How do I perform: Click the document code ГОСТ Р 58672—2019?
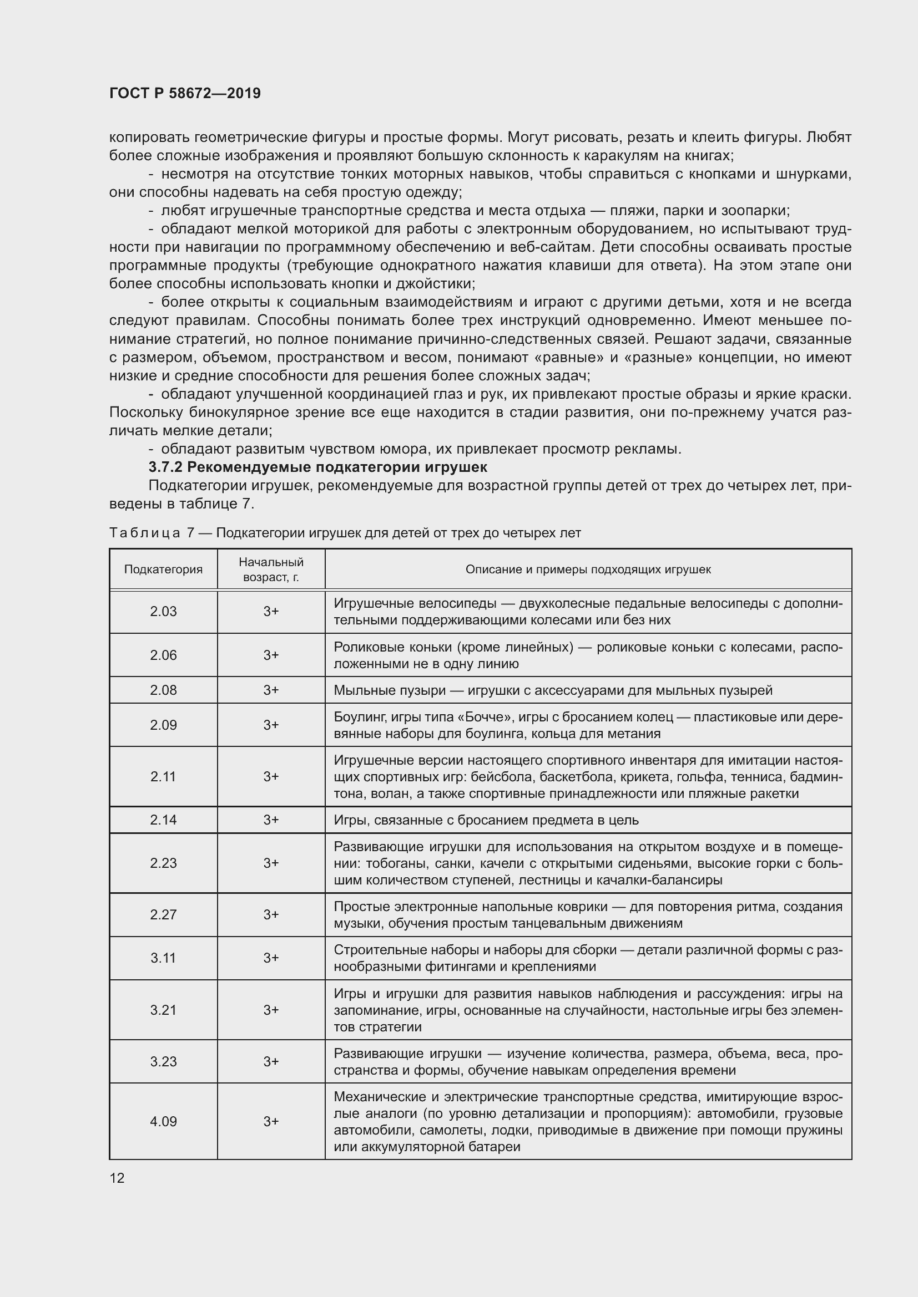coord(185,93)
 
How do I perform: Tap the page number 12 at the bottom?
coord(117,1178)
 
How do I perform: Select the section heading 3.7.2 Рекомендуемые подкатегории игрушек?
coord(317,467)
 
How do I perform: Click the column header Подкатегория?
coord(163,569)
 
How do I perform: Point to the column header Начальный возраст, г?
coord(271,569)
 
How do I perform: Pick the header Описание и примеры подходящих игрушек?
coord(588,569)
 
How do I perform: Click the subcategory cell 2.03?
coord(163,611)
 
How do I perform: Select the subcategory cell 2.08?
coord(163,690)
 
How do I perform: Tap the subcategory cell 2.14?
coord(163,820)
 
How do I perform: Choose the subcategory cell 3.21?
coord(163,1009)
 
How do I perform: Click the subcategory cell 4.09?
coord(163,1121)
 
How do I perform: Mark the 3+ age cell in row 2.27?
coord(271,914)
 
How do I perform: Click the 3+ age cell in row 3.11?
coord(271,958)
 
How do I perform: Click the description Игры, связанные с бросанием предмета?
coord(486,820)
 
